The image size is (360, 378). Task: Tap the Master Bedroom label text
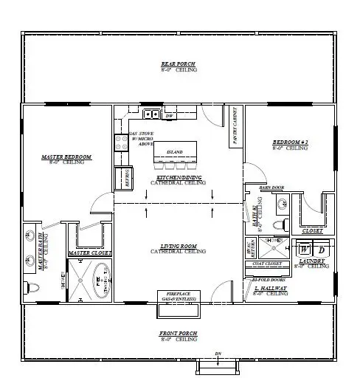tap(66, 157)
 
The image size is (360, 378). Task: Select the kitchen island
tap(175, 156)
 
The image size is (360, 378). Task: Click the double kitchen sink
tap(152, 114)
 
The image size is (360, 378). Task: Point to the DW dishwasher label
tap(168, 116)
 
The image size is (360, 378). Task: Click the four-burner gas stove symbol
tap(120, 142)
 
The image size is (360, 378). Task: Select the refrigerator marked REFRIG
tap(121, 178)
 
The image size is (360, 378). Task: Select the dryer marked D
tap(322, 250)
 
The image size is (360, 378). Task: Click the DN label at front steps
tap(217, 353)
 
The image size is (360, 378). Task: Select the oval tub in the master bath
tap(94, 279)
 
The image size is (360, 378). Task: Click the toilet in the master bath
tap(31, 287)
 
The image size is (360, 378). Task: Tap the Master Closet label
tap(89, 253)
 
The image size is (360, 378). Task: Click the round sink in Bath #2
tap(280, 224)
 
